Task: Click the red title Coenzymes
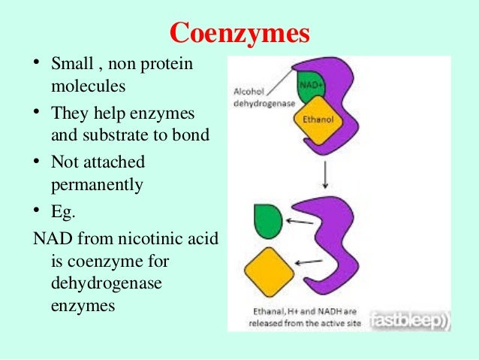point(239,32)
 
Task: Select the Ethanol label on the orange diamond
point(318,119)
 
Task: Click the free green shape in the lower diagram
point(269,218)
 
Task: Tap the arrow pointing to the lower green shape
point(300,222)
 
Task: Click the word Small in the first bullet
point(71,65)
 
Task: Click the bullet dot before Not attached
point(36,162)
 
